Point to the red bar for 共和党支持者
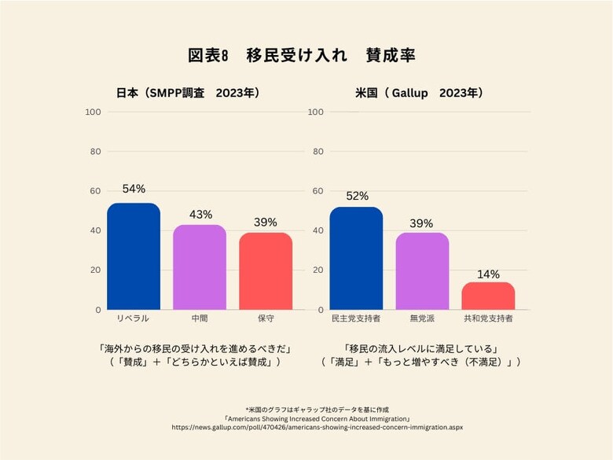(x=488, y=296)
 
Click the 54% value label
(x=134, y=189)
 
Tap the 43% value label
(x=200, y=214)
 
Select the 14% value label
(x=488, y=274)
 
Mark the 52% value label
(x=357, y=196)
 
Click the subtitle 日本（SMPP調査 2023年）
(x=187, y=93)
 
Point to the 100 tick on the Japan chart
(x=93, y=112)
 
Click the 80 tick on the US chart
(x=315, y=151)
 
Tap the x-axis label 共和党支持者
(x=488, y=320)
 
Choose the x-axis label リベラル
(x=133, y=320)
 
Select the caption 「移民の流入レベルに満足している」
(x=422, y=348)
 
